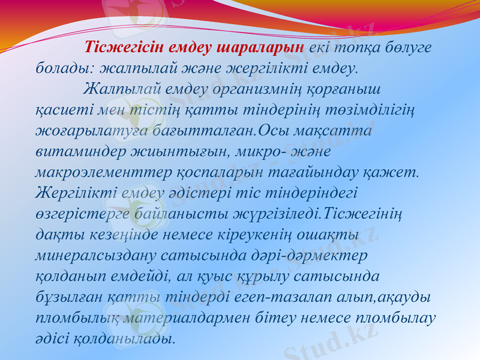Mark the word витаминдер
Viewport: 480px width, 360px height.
[80, 151]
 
